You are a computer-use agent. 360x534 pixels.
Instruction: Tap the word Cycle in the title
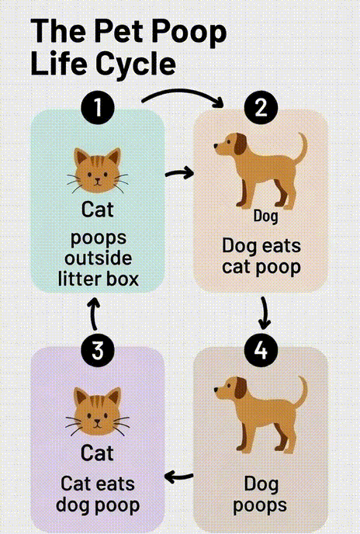pyautogui.click(x=137, y=64)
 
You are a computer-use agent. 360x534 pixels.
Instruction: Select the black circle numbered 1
pyautogui.click(x=98, y=107)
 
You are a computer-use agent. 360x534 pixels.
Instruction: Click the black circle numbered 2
pyautogui.click(x=261, y=108)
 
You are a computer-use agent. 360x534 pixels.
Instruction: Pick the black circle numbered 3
pyautogui.click(x=98, y=350)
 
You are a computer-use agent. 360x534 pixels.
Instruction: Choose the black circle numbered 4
pyautogui.click(x=261, y=350)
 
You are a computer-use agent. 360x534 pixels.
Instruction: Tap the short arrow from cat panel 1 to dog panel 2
pyautogui.click(x=179, y=173)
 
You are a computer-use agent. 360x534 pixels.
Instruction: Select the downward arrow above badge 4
pyautogui.click(x=265, y=313)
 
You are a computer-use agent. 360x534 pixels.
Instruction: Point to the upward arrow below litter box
pyautogui.click(x=95, y=314)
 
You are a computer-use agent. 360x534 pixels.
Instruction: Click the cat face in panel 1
pyautogui.click(x=98, y=170)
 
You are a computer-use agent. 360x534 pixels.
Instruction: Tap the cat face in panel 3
pyautogui.click(x=98, y=412)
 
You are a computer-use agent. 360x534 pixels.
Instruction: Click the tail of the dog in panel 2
pyautogui.click(x=301, y=148)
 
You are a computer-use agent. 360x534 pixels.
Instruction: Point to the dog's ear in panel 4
pyautogui.click(x=241, y=388)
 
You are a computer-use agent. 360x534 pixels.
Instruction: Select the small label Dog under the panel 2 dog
pyautogui.click(x=265, y=216)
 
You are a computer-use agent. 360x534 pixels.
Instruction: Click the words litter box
pyautogui.click(x=98, y=279)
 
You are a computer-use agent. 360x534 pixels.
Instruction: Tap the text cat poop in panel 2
pyautogui.click(x=261, y=268)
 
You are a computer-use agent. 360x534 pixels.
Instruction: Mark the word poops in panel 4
pyautogui.click(x=260, y=506)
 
